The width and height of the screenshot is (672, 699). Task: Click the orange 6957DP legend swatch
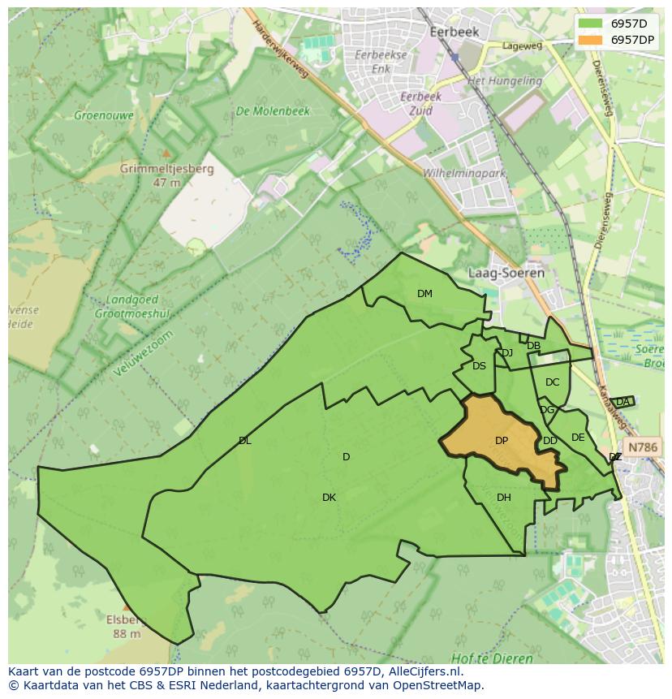pyautogui.click(x=591, y=40)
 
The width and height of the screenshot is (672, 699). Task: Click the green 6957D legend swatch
pyautogui.click(x=591, y=23)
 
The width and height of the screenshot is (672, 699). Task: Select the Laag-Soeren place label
pyautogui.click(x=506, y=273)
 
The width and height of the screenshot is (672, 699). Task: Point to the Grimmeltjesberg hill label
pyautogui.click(x=166, y=170)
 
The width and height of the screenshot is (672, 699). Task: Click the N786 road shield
pyautogui.click(x=644, y=447)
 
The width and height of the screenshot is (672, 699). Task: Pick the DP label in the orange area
pyautogui.click(x=502, y=441)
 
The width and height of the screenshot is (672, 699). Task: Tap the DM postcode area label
pyautogui.click(x=424, y=294)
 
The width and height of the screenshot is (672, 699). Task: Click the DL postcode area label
pyautogui.click(x=244, y=441)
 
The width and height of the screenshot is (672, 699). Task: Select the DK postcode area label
pyautogui.click(x=329, y=498)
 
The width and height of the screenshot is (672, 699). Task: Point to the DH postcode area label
pyautogui.click(x=504, y=498)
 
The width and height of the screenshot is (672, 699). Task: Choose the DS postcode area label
pyautogui.click(x=479, y=366)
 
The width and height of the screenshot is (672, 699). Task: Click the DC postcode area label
pyautogui.click(x=552, y=382)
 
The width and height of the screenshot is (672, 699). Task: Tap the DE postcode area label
pyautogui.click(x=578, y=438)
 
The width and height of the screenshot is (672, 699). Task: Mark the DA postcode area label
pyautogui.click(x=622, y=402)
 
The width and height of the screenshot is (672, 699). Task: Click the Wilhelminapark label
pyautogui.click(x=464, y=174)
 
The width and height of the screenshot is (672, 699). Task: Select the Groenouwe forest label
pyautogui.click(x=103, y=115)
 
